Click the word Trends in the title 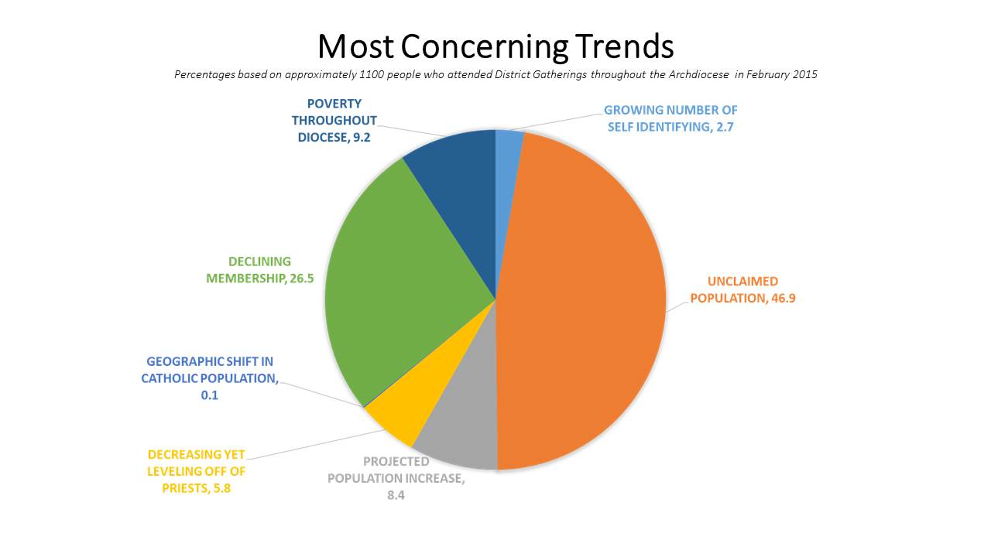624,47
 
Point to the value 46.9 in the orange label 783,298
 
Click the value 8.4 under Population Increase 396,495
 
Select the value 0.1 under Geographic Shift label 209,395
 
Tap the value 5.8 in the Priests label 218,488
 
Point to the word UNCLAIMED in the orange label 742,282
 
